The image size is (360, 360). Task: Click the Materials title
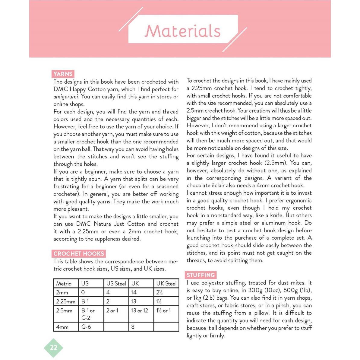click(x=183, y=31)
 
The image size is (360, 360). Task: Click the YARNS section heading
click(x=63, y=74)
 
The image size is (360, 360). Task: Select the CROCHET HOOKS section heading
click(x=79, y=254)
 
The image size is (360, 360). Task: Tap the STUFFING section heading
click(x=201, y=275)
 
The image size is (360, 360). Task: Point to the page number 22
click(x=53, y=348)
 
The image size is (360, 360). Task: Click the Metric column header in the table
click(x=63, y=284)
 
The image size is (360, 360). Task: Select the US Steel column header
click(x=116, y=284)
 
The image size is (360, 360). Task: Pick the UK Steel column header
click(x=166, y=284)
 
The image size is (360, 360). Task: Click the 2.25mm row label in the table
click(x=65, y=301)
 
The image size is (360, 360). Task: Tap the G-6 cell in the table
click(x=86, y=327)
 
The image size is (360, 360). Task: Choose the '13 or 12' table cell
click(x=139, y=311)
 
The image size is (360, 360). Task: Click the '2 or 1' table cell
click(x=112, y=311)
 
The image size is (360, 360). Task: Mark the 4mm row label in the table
click(x=62, y=327)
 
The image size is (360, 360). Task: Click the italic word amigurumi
click(x=66, y=97)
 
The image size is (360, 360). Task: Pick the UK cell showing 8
click(x=133, y=327)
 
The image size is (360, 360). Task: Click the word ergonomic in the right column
click(x=298, y=200)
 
